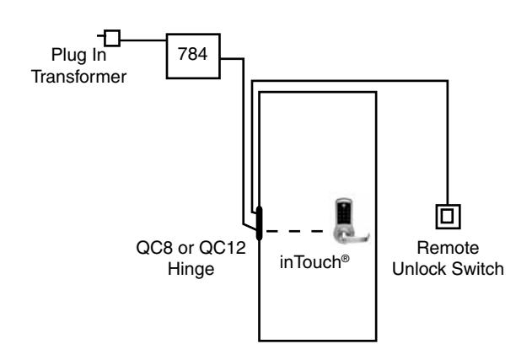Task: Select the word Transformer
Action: pyautogui.click(x=78, y=77)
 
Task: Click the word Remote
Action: pyautogui.click(x=448, y=248)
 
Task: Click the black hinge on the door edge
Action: pyautogui.click(x=259, y=223)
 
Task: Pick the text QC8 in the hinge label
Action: pyautogui.click(x=154, y=248)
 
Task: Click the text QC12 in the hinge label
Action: pyautogui.click(x=223, y=248)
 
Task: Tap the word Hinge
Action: pyautogui.click(x=191, y=269)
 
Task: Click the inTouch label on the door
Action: pyautogui.click(x=310, y=262)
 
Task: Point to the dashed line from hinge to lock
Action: pyautogui.click(x=295, y=231)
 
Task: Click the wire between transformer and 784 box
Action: pyautogui.click(x=143, y=40)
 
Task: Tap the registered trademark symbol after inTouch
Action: pyautogui.click(x=345, y=259)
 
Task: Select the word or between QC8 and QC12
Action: pyautogui.click(x=186, y=249)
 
